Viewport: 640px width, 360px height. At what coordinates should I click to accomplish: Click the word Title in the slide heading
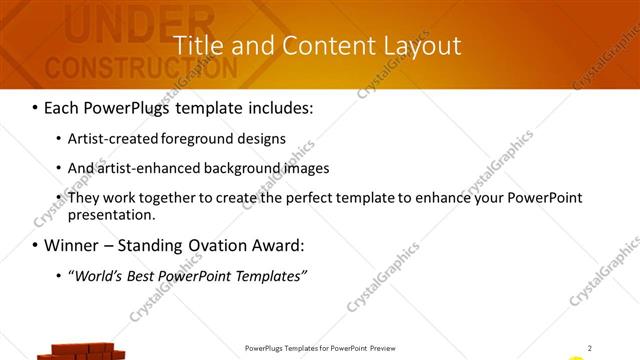point(197,46)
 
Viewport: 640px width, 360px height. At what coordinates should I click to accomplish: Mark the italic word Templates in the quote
point(269,275)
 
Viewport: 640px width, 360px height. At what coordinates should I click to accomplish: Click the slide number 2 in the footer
point(589,348)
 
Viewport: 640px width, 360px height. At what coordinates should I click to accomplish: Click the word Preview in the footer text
point(389,348)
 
